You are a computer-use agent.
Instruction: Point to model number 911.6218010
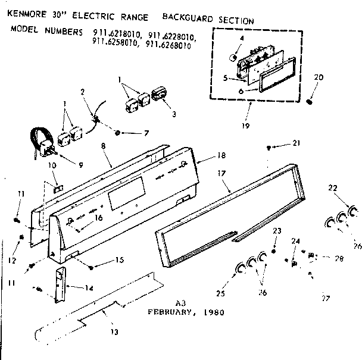(116, 35)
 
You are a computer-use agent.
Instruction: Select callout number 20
(319, 77)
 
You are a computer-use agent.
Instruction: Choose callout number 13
(113, 331)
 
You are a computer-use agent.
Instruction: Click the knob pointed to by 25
(240, 269)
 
